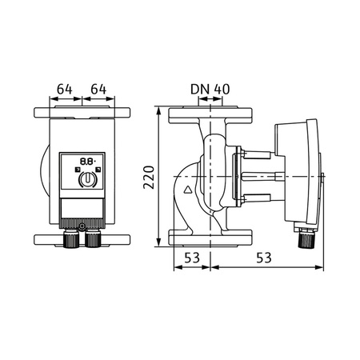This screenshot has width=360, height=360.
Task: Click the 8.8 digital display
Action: point(85,160)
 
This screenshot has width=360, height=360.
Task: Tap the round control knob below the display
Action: point(85,182)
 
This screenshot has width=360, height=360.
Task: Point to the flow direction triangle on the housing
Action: point(189,190)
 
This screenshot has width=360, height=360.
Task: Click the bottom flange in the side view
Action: point(211,238)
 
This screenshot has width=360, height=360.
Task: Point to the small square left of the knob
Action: point(74,170)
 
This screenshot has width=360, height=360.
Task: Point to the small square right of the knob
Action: point(96,170)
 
